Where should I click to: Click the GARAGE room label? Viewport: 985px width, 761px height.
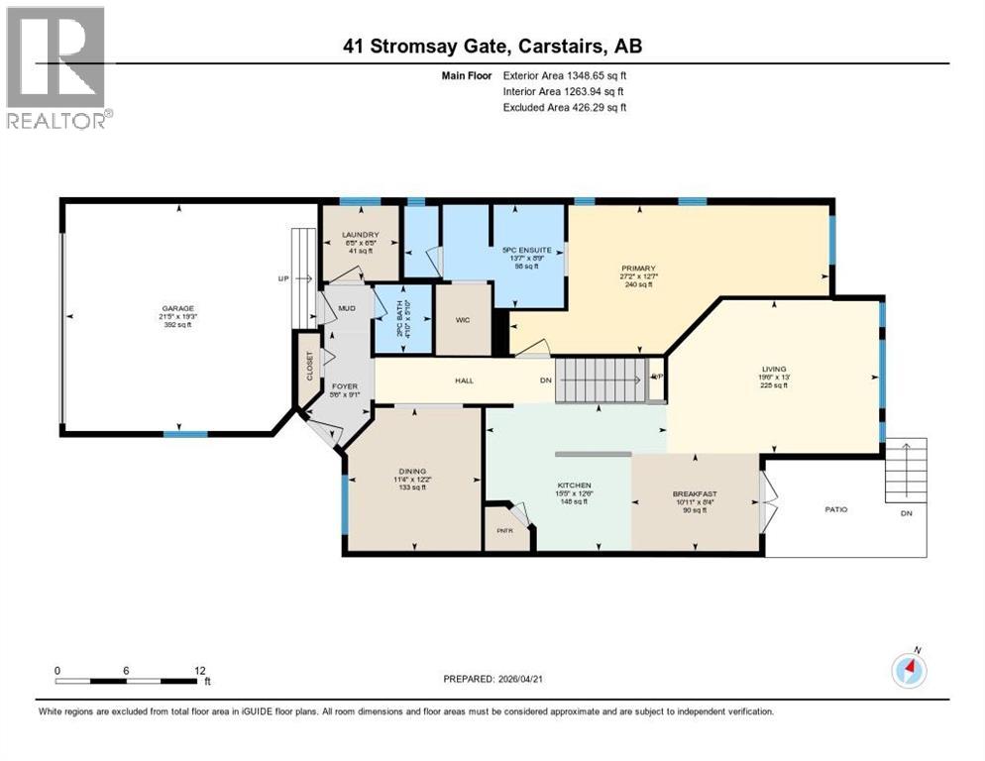pyautogui.click(x=179, y=308)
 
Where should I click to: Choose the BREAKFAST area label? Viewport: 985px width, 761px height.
pyautogui.click(x=694, y=493)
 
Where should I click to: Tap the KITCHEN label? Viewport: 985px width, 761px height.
pyautogui.click(x=574, y=486)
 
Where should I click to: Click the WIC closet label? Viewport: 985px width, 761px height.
pyautogui.click(x=464, y=320)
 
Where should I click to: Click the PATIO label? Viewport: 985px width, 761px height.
pyautogui.click(x=836, y=509)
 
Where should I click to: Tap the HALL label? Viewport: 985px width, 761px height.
pyautogui.click(x=464, y=380)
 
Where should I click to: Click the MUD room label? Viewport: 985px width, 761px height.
pyautogui.click(x=346, y=308)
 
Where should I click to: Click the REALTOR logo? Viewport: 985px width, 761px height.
pyautogui.click(x=58, y=67)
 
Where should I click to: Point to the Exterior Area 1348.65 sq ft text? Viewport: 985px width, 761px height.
pyautogui.click(x=565, y=75)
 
